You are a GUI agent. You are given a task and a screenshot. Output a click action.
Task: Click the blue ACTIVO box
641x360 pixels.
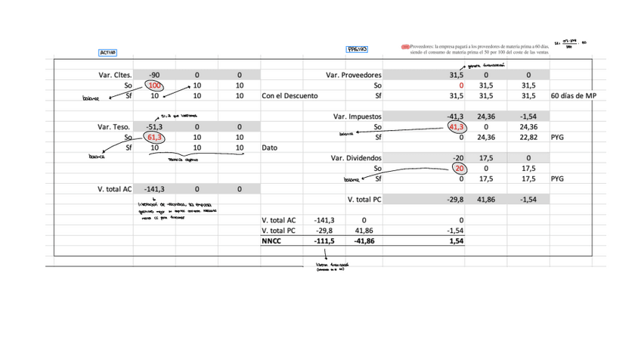[107, 53]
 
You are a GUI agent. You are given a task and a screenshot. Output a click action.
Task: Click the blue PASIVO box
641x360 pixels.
[357, 50]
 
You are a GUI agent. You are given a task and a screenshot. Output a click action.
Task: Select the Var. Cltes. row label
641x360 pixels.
[116, 76]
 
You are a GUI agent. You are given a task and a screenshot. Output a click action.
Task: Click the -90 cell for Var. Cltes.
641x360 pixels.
[154, 76]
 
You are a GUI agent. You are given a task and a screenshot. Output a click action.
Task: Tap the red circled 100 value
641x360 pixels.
[154, 86]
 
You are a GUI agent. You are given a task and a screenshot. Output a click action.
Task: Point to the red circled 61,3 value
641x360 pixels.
[154, 138]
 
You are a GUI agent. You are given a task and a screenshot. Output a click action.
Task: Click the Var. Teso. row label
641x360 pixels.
[115, 127]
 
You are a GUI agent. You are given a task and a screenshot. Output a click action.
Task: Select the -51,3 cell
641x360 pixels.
[154, 127]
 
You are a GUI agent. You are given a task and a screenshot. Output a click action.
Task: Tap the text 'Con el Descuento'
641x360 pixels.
[290, 96]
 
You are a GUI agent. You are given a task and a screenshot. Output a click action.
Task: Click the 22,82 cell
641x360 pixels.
[528, 138]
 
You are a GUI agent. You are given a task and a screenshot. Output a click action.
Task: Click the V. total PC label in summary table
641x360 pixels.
[279, 230]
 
